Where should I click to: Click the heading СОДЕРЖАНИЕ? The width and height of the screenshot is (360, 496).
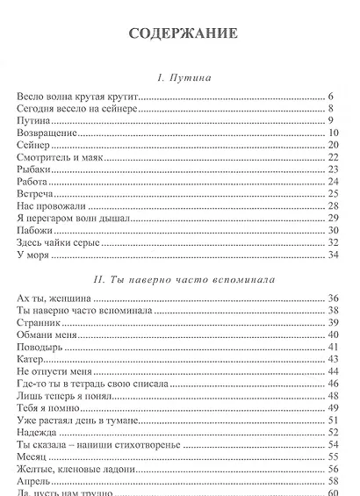[x=183, y=35]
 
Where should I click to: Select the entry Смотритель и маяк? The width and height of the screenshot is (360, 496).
[x=61, y=157]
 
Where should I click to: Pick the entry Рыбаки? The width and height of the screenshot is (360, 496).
[x=35, y=169]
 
